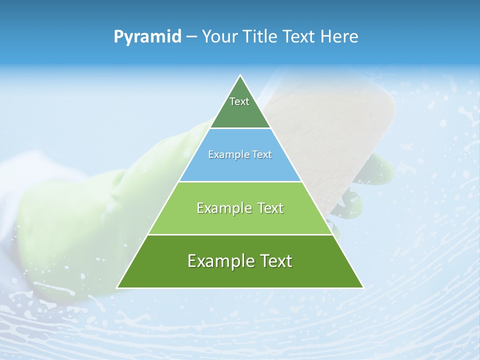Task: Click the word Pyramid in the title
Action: (x=147, y=37)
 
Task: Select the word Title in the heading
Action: (x=261, y=37)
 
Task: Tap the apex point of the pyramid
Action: (x=240, y=76)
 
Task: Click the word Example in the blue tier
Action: (x=226, y=155)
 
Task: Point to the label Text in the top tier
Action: (x=239, y=101)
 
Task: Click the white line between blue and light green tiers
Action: (x=240, y=181)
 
